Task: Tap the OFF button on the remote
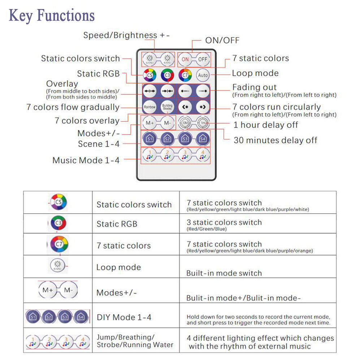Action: pos(203,59)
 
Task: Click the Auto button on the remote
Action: pos(203,75)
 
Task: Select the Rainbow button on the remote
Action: pos(149,107)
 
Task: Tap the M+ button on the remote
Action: pos(149,123)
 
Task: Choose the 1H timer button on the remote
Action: pos(203,123)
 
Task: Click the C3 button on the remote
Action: pos(167,75)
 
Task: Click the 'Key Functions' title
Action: pos(52,16)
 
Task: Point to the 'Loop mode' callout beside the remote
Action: pos(255,73)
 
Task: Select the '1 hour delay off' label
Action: pos(266,125)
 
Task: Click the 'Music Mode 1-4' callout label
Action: pos(86,160)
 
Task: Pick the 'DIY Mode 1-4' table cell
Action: pos(124,317)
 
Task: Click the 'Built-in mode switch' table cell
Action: pos(224,273)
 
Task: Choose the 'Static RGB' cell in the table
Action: pos(117,224)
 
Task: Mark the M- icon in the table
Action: pos(68,290)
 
